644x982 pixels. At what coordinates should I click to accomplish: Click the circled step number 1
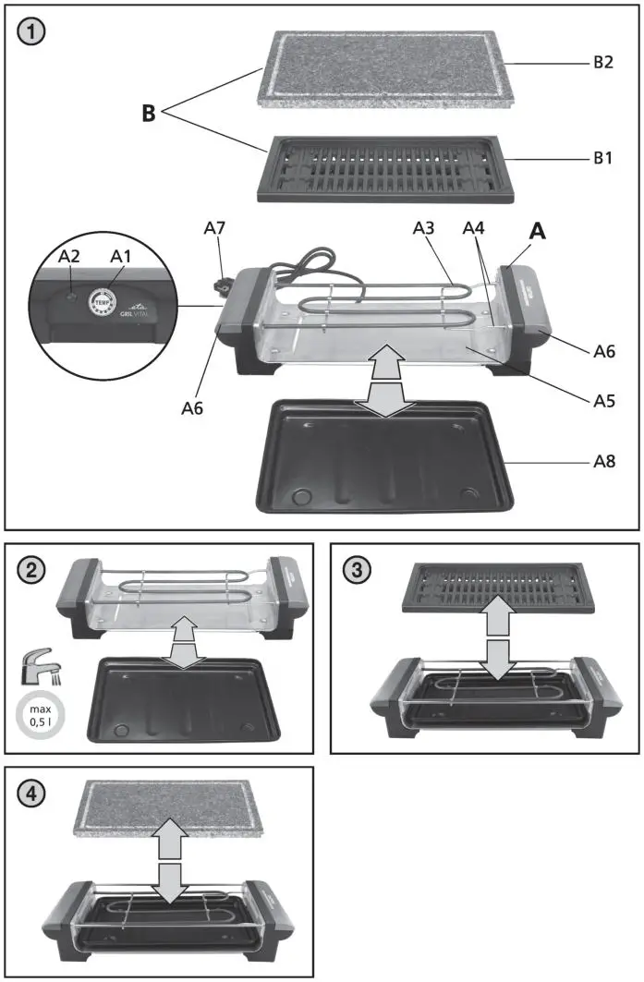click(31, 31)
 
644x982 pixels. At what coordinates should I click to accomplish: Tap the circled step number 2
click(31, 570)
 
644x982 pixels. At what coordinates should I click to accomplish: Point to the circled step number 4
click(31, 794)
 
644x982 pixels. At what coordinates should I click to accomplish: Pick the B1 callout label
click(602, 158)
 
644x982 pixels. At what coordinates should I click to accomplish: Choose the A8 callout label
click(602, 459)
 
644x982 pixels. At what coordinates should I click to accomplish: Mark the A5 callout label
click(602, 402)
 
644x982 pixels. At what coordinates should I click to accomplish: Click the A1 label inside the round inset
click(121, 255)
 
